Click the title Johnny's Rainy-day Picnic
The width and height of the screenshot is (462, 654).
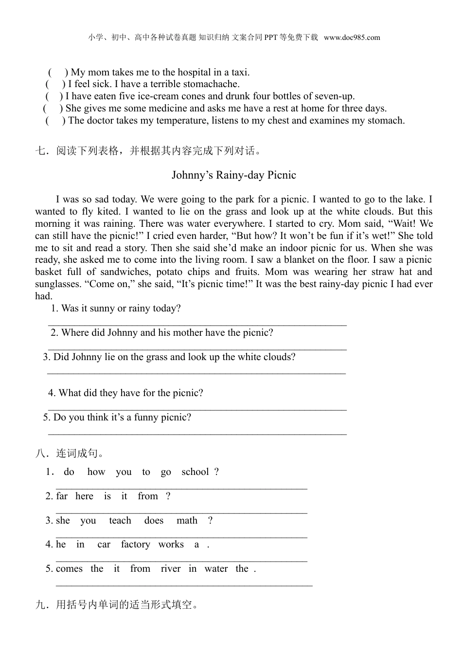coord(234,175)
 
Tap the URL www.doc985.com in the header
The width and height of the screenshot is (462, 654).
coord(352,37)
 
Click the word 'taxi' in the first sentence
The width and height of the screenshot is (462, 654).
coord(240,73)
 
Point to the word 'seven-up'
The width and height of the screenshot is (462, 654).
coord(334,96)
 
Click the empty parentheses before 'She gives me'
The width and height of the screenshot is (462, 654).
coord(53,109)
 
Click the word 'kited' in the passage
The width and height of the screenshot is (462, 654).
coord(107,212)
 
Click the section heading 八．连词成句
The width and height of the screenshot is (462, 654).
coord(70,454)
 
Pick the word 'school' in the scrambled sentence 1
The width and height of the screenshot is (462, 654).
coord(195,472)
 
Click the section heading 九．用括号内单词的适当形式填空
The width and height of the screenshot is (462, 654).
coord(117,605)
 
